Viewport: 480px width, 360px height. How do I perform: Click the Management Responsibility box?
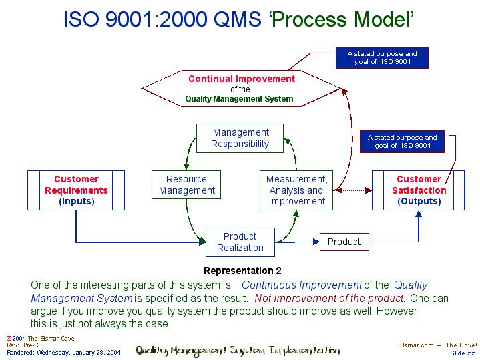[x=240, y=138]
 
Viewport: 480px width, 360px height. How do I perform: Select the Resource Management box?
[x=186, y=185]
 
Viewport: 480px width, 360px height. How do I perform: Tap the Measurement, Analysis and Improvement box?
[x=296, y=190]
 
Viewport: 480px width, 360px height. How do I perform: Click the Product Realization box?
[x=240, y=242]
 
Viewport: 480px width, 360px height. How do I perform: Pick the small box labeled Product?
[x=344, y=242]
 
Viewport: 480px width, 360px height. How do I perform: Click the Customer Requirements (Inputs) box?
[x=76, y=190]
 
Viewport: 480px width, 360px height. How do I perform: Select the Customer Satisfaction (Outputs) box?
[x=419, y=190]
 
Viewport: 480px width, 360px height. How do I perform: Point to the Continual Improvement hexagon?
[x=240, y=89]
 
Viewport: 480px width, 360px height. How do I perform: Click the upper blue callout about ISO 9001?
[x=382, y=57]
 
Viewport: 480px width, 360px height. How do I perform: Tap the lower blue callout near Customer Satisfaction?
[x=402, y=141]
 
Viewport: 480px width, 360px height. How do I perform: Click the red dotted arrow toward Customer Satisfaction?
[x=353, y=190]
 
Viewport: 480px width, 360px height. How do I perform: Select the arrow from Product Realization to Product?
[x=298, y=242]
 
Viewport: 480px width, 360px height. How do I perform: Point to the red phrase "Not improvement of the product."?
[x=330, y=299]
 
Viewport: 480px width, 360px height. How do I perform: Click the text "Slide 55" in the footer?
[x=463, y=353]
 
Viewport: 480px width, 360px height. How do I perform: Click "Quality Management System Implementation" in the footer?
[x=238, y=351]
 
